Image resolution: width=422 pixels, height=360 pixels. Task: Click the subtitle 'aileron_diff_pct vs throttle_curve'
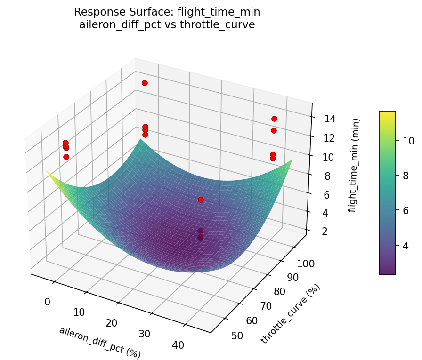(167, 25)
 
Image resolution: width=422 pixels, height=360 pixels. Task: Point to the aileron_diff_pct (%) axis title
(100, 342)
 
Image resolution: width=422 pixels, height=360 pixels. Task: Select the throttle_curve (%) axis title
(290, 313)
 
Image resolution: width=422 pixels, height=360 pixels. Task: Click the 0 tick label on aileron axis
(47, 302)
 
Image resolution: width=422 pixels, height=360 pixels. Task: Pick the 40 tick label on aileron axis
(178, 345)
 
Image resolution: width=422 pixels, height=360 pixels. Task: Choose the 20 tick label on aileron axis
(111, 323)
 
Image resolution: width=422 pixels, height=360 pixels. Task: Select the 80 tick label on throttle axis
(279, 292)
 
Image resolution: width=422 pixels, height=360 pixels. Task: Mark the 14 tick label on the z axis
(330, 119)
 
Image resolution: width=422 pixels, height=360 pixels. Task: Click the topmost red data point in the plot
(145, 83)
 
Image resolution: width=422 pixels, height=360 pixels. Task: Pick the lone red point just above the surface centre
(201, 200)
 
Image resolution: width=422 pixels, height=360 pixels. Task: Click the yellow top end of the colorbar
(387, 114)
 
